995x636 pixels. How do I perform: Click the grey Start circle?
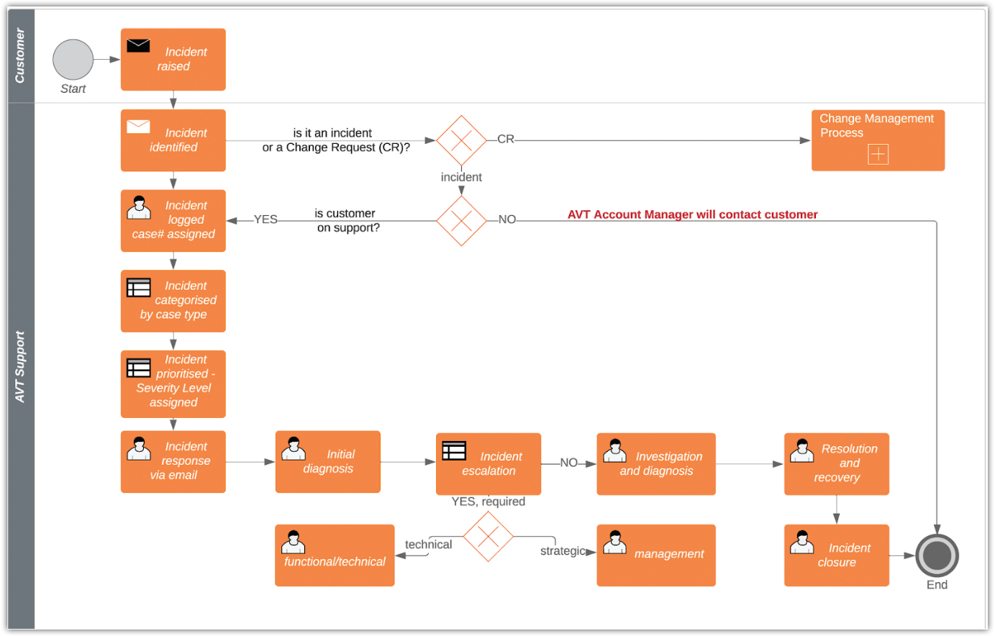pyautogui.click(x=73, y=60)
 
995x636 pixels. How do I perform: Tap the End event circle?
pyautogui.click(x=937, y=555)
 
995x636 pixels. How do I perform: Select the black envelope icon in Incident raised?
pyautogui.click(x=138, y=46)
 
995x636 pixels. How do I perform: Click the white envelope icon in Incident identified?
pyautogui.click(x=138, y=127)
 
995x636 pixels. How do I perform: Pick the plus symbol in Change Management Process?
pyautogui.click(x=878, y=154)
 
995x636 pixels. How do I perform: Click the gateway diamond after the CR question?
pyautogui.click(x=461, y=140)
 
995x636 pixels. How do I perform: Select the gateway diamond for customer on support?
pyautogui.click(x=461, y=221)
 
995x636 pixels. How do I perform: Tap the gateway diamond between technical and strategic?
pyautogui.click(x=488, y=536)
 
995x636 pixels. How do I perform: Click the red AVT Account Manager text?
pyautogui.click(x=692, y=214)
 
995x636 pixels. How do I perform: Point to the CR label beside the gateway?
pyautogui.click(x=506, y=139)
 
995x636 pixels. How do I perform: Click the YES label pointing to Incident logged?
pyautogui.click(x=265, y=219)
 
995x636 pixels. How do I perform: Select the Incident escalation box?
pyautogui.click(x=489, y=464)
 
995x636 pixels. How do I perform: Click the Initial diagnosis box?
pyautogui.click(x=327, y=462)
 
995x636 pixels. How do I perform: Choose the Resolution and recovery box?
pyautogui.click(x=836, y=464)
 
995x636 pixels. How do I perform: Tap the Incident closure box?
pyautogui.click(x=836, y=555)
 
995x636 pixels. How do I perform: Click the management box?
pyautogui.click(x=656, y=555)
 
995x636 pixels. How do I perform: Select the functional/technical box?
pyautogui.click(x=335, y=555)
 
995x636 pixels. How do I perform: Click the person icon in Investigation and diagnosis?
pyautogui.click(x=614, y=451)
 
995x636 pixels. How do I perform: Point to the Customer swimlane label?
pyautogui.click(x=20, y=56)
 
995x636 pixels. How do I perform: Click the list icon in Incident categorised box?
pyautogui.click(x=139, y=288)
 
